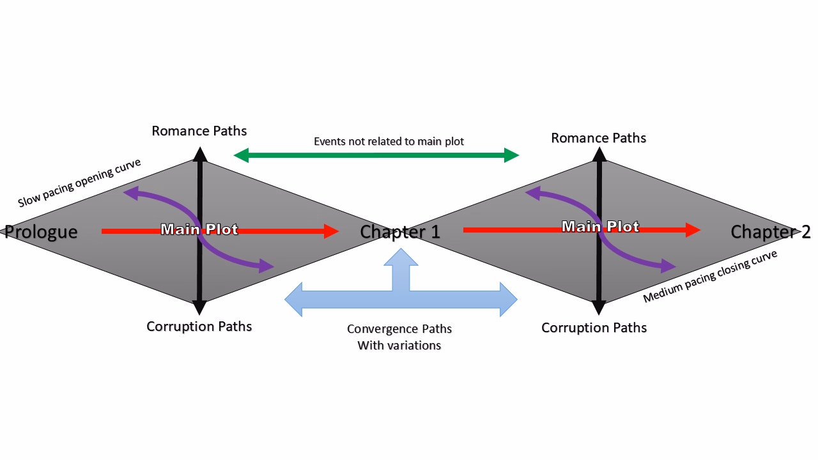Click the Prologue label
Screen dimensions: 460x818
pyautogui.click(x=41, y=232)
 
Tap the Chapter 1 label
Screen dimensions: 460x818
pyautogui.click(x=400, y=232)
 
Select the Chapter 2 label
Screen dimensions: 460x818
pyautogui.click(x=770, y=232)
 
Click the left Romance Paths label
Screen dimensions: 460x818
pyautogui.click(x=199, y=131)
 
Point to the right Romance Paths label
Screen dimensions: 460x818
pyautogui.click(x=599, y=138)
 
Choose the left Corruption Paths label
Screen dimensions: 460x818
pyautogui.click(x=199, y=326)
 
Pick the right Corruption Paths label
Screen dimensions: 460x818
pyautogui.click(x=594, y=328)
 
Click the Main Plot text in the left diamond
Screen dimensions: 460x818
pyautogui.click(x=199, y=229)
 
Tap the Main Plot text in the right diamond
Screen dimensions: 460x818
pyautogui.click(x=600, y=227)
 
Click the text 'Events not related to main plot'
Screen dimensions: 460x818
pyautogui.click(x=389, y=141)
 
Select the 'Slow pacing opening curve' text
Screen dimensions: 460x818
pyautogui.click(x=79, y=183)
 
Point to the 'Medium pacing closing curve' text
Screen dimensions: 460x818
pyautogui.click(x=710, y=276)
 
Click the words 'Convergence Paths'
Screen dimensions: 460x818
pyautogui.click(x=399, y=329)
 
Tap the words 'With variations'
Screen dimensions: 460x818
pyautogui.click(x=399, y=346)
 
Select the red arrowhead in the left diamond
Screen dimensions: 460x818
pyautogui.click(x=331, y=231)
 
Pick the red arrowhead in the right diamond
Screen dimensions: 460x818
pyautogui.click(x=693, y=230)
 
